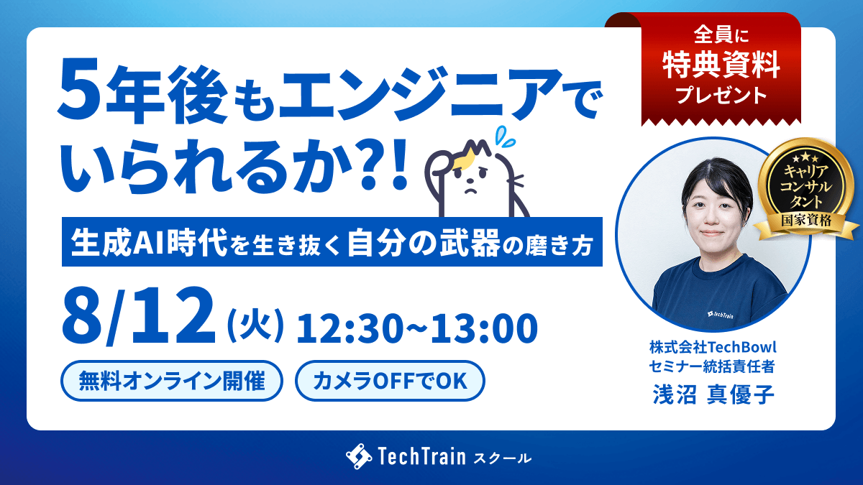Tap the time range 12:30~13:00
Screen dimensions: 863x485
pos(417,328)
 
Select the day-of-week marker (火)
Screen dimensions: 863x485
pos(256,325)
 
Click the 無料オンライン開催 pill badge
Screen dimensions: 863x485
pos(172,381)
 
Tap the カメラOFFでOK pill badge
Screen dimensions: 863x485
pos(390,381)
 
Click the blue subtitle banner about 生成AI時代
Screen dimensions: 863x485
pos(332,241)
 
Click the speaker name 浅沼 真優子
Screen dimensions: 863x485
pos(713,394)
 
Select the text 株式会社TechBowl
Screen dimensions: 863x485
pos(713,347)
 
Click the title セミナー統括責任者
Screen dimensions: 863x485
pos(712,366)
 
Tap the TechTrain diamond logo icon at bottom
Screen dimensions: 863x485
pos(359,456)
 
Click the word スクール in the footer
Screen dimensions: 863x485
pos(503,458)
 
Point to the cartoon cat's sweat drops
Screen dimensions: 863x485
pos(505,137)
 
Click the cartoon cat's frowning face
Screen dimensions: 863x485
pos(472,182)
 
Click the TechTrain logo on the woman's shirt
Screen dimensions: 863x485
pos(720,315)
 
